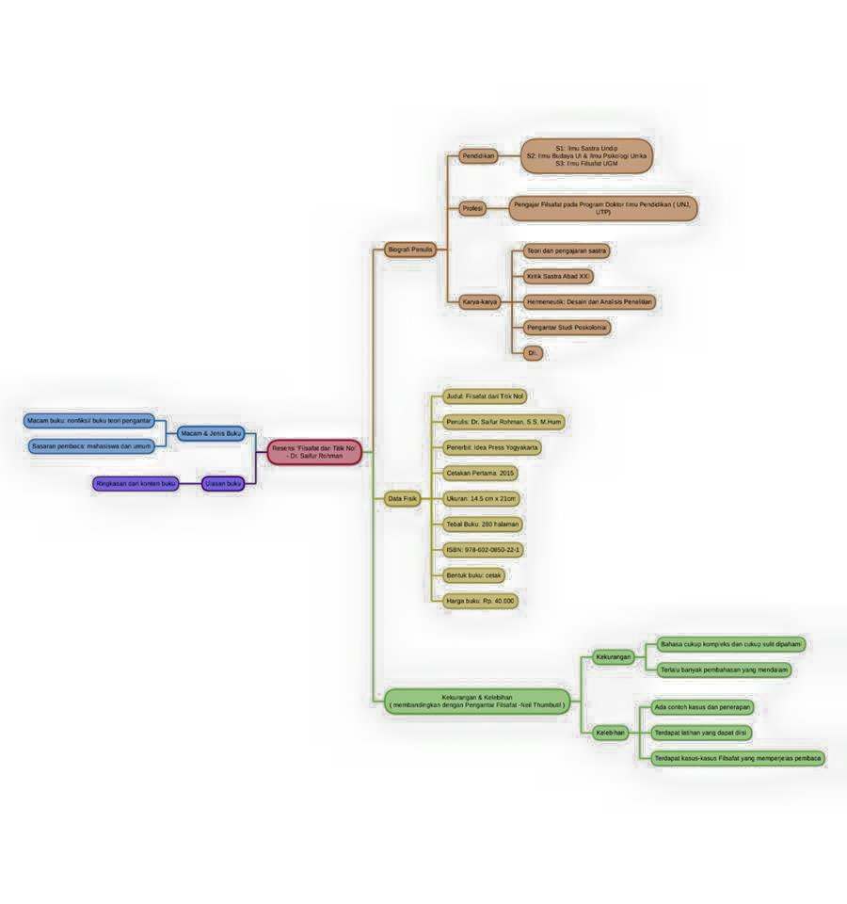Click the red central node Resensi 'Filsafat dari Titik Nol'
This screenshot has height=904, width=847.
(x=314, y=452)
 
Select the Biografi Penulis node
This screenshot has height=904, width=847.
(x=409, y=250)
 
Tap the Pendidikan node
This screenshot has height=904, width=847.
(x=479, y=155)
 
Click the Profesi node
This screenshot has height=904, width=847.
(x=472, y=208)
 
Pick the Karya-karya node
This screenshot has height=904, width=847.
(x=480, y=302)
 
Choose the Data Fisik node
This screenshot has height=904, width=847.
(x=403, y=499)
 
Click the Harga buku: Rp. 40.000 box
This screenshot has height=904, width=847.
(x=481, y=600)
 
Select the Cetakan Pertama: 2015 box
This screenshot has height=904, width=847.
(x=481, y=473)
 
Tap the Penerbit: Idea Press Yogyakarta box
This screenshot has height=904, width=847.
(x=492, y=447)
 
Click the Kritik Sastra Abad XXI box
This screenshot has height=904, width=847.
(x=558, y=277)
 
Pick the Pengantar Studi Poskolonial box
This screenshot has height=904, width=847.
(x=567, y=328)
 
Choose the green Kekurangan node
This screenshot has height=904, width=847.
(x=614, y=656)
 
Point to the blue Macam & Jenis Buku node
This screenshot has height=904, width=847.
(x=211, y=433)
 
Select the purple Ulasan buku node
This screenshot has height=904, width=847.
(x=223, y=483)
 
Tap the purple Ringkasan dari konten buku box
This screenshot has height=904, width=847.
(x=136, y=483)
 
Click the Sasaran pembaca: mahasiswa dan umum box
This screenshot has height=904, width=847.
(x=90, y=445)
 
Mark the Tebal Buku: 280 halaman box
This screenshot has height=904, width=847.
(x=482, y=524)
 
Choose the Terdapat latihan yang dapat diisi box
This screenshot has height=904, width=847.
(x=701, y=733)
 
